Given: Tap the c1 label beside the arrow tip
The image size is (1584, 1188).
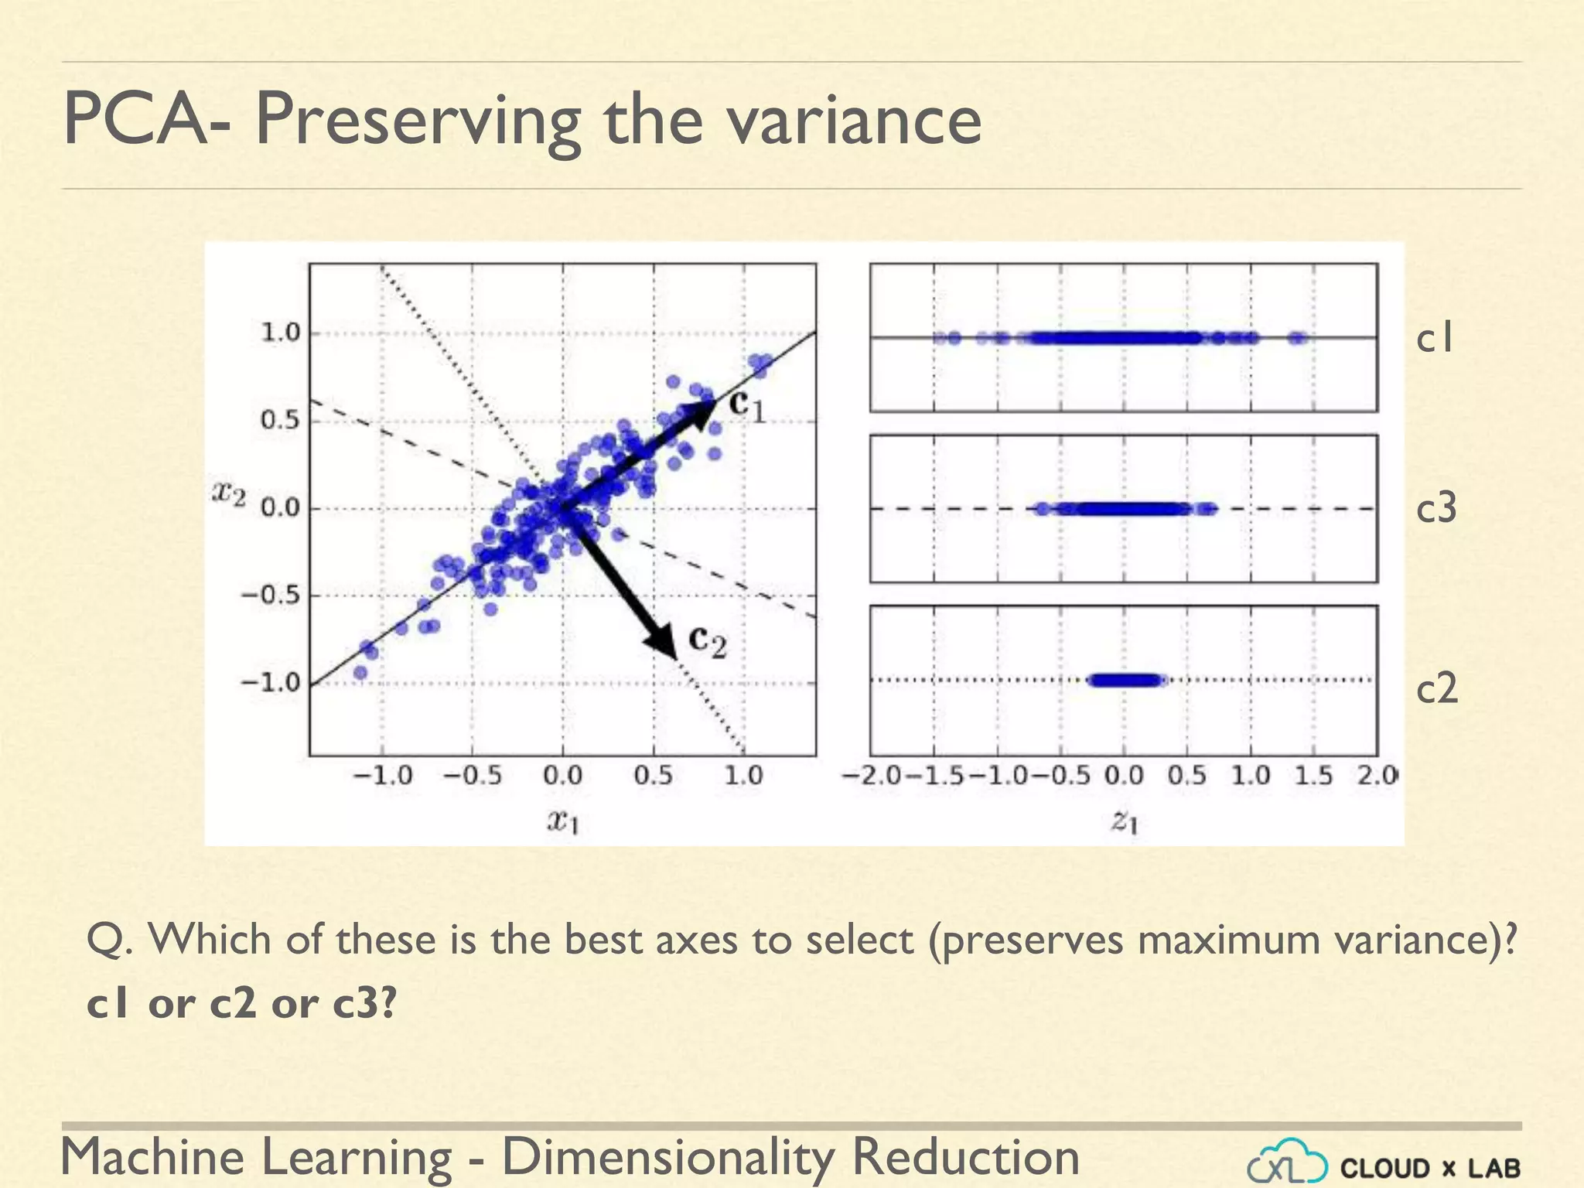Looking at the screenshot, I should [x=747, y=405].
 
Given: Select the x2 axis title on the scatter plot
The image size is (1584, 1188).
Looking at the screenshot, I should [x=229, y=493].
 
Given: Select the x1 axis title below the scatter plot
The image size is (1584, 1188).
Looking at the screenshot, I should [x=563, y=821].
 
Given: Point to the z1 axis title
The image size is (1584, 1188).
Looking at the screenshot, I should [x=1125, y=821].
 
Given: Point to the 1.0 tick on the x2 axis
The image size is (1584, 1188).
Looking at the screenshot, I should [x=280, y=333].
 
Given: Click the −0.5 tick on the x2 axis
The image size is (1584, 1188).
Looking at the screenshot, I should [x=270, y=596].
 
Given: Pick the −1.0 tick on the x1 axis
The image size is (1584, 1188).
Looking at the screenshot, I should [x=383, y=775].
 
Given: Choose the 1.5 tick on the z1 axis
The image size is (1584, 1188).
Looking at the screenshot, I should [x=1314, y=775].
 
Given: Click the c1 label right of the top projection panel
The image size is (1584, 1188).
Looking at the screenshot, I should [x=1435, y=338].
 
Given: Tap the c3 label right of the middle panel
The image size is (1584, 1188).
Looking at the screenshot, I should [x=1436, y=508].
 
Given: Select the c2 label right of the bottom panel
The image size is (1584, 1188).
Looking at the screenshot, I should [x=1436, y=687].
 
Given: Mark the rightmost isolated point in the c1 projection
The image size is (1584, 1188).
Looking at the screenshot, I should [x=1298, y=337].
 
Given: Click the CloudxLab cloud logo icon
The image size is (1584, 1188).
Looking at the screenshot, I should [x=1287, y=1164].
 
